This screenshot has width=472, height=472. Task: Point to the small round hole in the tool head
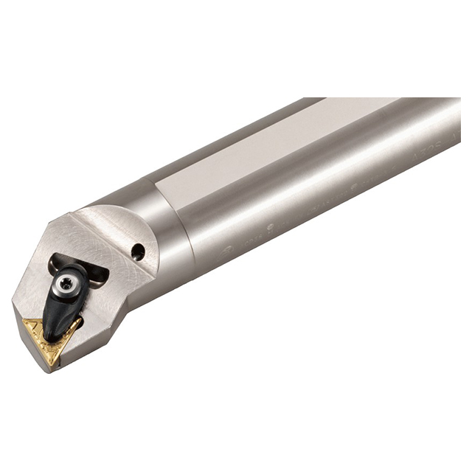[138, 252]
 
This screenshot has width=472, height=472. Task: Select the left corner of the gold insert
[24, 323]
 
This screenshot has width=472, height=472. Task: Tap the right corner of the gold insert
[80, 322]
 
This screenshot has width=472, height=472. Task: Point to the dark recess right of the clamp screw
[97, 274]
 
